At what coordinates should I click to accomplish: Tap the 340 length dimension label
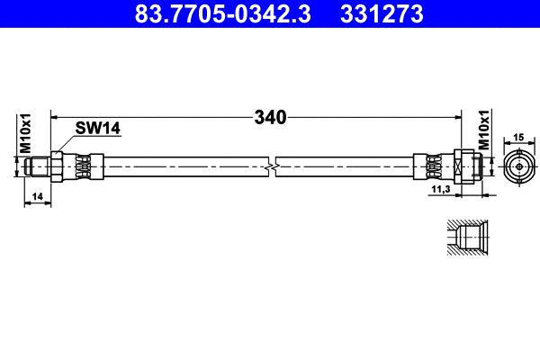269,117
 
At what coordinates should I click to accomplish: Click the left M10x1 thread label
26,132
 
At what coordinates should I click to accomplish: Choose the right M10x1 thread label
483,130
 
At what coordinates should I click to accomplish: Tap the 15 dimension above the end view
517,137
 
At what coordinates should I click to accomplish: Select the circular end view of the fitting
517,166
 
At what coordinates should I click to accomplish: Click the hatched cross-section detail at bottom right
467,239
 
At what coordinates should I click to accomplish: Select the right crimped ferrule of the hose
431,166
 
